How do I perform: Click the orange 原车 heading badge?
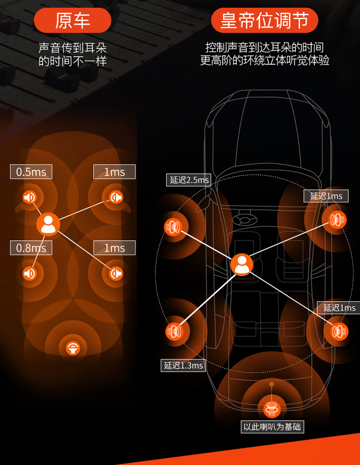[x=72, y=21]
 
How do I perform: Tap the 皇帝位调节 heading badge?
[x=264, y=21]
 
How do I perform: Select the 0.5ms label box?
[x=31, y=172]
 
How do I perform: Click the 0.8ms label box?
[x=31, y=248]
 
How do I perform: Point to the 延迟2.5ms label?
[x=189, y=180]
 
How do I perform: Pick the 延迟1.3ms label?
[x=183, y=365]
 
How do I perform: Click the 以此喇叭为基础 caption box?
[x=272, y=427]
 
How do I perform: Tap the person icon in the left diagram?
[x=48, y=224]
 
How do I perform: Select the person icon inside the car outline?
[x=242, y=265]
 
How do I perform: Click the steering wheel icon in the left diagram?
[x=73, y=348]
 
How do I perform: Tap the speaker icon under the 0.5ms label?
[x=30, y=197]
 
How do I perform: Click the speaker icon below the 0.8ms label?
[x=30, y=273]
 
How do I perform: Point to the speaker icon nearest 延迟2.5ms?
[x=173, y=227]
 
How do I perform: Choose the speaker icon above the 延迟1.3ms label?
[x=174, y=331]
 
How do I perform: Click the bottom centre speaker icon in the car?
[x=272, y=408]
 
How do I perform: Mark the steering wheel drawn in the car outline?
[x=245, y=219]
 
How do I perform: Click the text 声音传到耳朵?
[x=72, y=48]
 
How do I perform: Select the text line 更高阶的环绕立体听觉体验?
[x=264, y=60]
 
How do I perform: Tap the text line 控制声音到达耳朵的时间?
[x=264, y=47]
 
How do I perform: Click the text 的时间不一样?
[x=72, y=61]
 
